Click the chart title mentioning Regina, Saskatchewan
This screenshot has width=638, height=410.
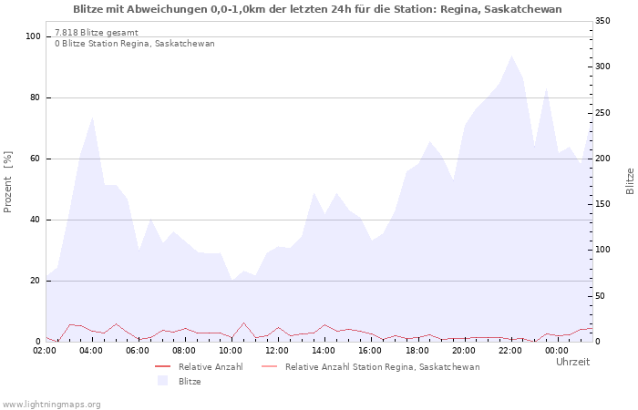[317, 9]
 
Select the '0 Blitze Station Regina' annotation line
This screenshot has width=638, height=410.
[135, 44]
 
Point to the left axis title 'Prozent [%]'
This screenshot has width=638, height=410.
[8, 182]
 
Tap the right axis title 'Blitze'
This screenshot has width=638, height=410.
[630, 180]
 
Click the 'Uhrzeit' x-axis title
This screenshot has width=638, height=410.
[572, 362]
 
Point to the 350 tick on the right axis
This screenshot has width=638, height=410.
[602, 21]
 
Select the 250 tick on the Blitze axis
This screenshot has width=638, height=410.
[602, 113]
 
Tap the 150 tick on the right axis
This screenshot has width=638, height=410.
[602, 204]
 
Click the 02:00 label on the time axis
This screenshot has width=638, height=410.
[46, 350]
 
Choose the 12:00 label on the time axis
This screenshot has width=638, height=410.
[278, 350]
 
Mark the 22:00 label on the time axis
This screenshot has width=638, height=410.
[510, 350]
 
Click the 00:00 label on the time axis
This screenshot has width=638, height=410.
[557, 350]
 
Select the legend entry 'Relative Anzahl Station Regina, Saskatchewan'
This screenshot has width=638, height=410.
[382, 366]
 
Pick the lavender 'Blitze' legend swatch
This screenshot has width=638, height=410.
[163, 381]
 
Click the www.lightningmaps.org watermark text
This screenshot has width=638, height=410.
[51, 404]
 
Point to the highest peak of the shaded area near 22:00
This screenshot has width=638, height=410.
[511, 56]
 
